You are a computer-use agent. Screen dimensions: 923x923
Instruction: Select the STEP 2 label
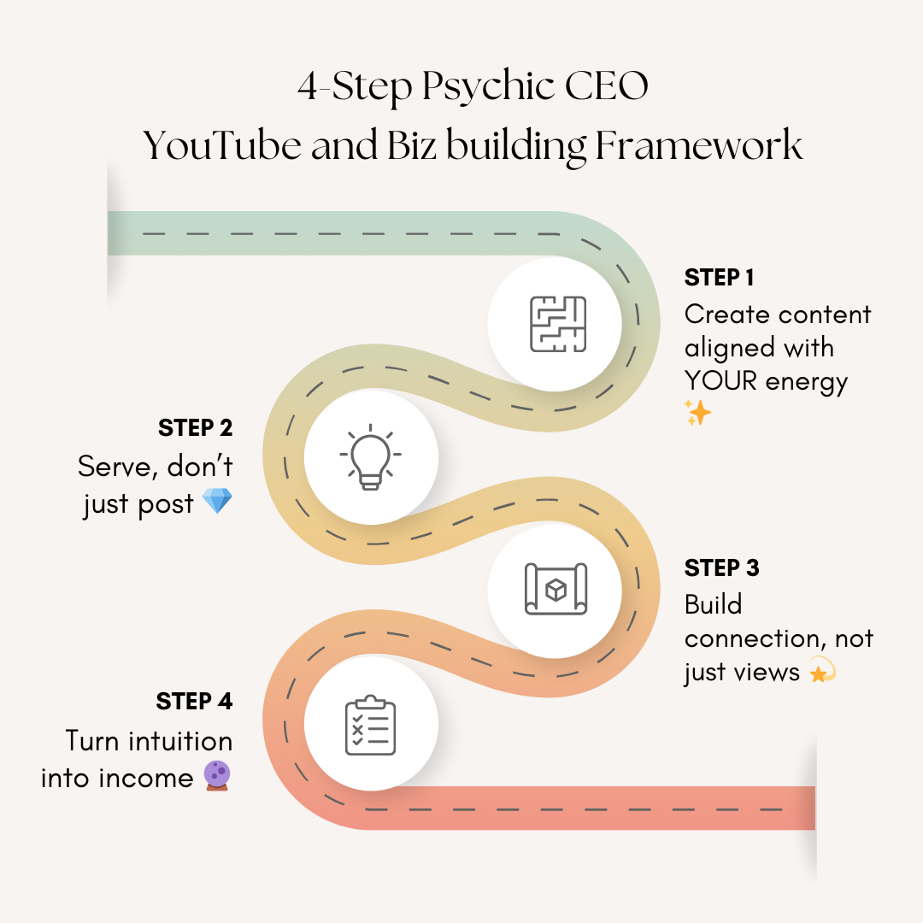[x=195, y=427]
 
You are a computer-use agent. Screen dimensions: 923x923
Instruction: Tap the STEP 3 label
[x=722, y=567]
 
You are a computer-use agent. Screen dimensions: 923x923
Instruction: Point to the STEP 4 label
[x=194, y=702]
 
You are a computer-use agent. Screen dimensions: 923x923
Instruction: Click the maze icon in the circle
[x=557, y=324]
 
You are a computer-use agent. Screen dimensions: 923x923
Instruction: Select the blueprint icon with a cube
[x=556, y=589]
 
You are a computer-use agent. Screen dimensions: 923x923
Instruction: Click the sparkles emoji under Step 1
[x=698, y=414]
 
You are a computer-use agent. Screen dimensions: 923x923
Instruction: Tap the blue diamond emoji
[x=217, y=502]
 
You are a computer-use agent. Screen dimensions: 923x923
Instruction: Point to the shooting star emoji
[x=821, y=672]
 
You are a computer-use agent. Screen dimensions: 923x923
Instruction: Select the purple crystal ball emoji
[x=217, y=776]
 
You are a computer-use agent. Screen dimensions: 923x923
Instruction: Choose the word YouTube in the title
[x=223, y=146]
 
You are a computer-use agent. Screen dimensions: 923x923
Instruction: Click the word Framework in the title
[x=699, y=146]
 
